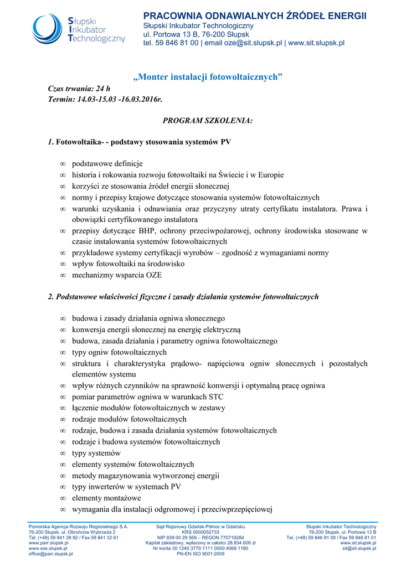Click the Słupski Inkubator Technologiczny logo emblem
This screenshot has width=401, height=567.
coord(48,29)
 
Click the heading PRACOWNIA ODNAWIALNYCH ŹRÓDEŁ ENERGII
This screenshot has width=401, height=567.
coord(255,16)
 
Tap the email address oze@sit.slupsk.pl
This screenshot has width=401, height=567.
coord(253,43)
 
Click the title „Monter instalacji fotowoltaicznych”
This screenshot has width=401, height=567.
coord(208,77)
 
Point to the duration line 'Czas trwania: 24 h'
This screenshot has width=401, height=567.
coord(79,89)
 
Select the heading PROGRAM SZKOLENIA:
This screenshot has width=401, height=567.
coord(207,120)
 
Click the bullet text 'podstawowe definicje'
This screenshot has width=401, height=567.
coord(107,163)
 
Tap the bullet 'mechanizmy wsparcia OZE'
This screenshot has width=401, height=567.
coord(116,275)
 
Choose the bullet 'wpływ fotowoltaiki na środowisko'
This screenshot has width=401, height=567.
coord(128,264)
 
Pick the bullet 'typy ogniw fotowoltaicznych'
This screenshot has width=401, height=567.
coord(119,352)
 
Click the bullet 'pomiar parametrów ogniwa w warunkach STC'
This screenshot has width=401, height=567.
coord(147,397)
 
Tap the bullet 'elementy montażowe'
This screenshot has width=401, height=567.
coord(106,498)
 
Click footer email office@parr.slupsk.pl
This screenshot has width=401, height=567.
coord(50,554)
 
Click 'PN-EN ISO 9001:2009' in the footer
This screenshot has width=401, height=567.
coord(200,554)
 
